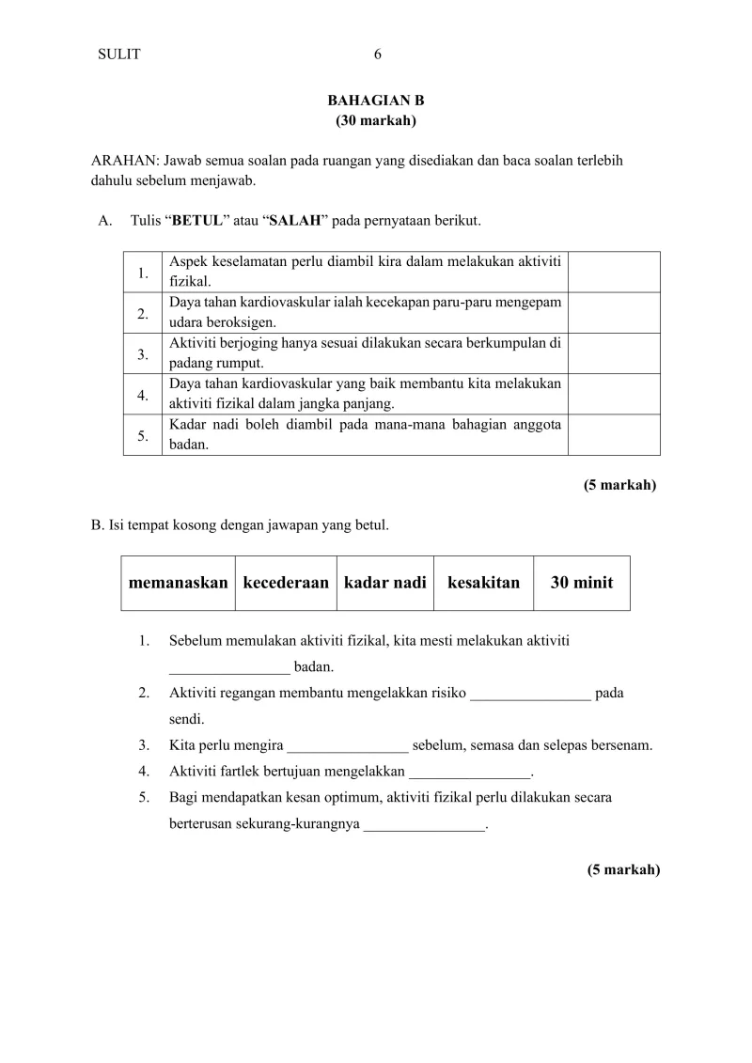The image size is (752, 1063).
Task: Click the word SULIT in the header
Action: pos(118,55)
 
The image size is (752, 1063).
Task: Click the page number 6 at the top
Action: pos(377,55)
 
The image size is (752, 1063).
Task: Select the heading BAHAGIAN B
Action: pos(376,101)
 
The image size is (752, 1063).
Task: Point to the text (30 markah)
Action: pos(376,120)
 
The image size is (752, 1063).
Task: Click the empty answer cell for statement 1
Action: pos(614,272)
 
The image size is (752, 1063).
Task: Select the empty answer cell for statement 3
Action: pos(614,353)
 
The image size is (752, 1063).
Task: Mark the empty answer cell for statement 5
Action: pos(614,434)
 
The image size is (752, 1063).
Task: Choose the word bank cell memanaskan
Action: pos(178,583)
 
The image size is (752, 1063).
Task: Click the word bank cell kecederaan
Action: pos(286,583)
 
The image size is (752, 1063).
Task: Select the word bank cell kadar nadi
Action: pos(385,583)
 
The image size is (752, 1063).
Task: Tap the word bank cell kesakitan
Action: pos(483,583)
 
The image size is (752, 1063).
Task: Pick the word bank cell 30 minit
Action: pos(581,583)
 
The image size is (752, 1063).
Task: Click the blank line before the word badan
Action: pos(229,669)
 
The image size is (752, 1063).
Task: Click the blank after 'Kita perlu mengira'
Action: pos(348,747)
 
